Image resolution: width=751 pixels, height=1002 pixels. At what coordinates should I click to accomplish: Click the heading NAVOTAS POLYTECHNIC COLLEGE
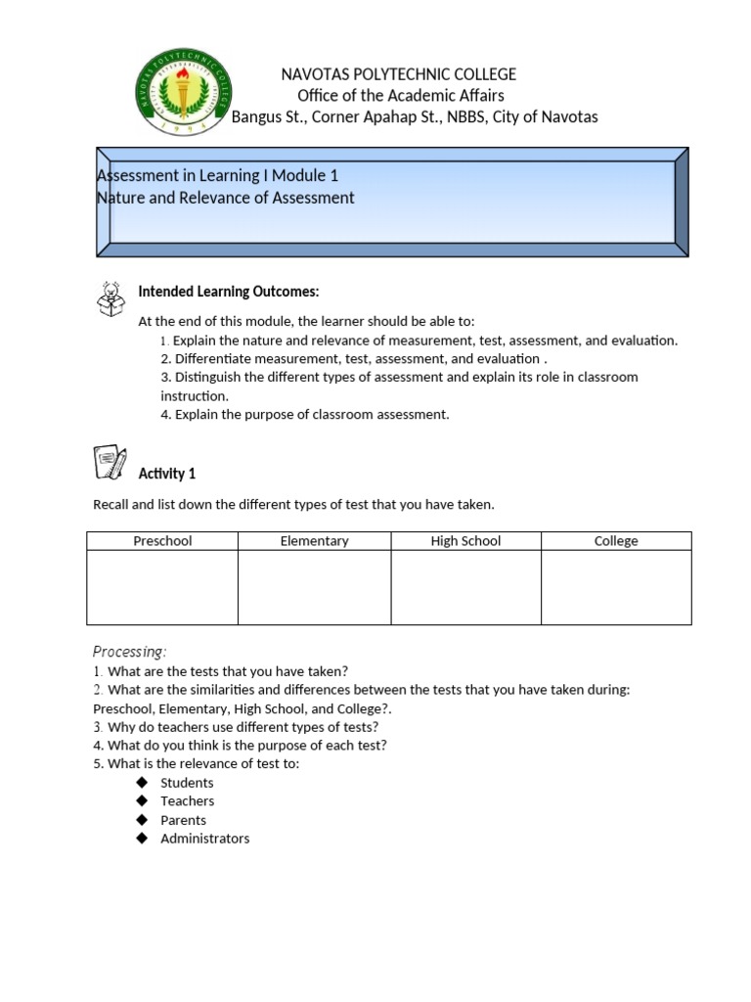(x=399, y=74)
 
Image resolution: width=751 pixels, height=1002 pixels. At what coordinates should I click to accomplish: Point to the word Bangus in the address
(x=254, y=117)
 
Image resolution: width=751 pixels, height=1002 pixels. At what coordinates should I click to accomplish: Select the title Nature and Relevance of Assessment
(x=226, y=198)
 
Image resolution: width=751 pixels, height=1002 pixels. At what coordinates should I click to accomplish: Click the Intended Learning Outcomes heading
(x=229, y=292)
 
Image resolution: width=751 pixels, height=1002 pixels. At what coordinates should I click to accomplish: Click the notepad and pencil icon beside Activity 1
(x=110, y=462)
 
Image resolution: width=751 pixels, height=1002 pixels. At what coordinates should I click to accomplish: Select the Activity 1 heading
(x=167, y=474)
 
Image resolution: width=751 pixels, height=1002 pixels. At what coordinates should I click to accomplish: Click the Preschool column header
(x=162, y=541)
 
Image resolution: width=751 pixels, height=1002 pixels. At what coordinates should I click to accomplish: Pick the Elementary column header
(x=314, y=541)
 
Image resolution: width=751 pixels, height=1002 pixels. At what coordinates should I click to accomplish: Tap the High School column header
(x=465, y=541)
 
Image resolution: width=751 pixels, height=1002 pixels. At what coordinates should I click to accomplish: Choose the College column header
(x=616, y=541)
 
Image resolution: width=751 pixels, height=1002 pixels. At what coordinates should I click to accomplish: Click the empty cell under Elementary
(x=314, y=587)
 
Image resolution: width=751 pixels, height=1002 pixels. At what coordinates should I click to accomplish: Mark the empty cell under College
(x=616, y=587)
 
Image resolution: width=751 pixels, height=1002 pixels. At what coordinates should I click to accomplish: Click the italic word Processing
(x=129, y=652)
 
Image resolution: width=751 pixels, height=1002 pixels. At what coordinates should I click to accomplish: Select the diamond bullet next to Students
(x=141, y=782)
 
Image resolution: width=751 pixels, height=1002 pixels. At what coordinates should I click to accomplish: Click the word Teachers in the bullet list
(x=187, y=801)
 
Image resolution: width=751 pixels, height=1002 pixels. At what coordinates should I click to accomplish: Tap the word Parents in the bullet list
(x=183, y=820)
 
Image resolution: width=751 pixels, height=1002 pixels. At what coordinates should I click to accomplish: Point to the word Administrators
(x=204, y=839)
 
